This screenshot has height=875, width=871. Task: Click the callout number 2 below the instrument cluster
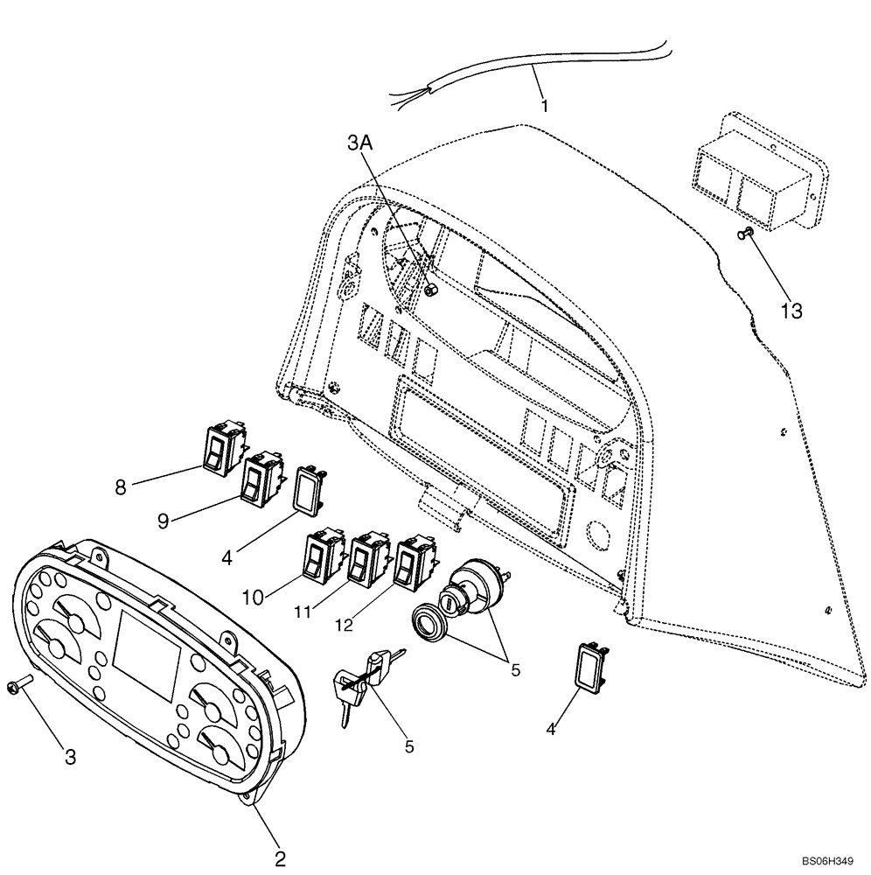coord(280,858)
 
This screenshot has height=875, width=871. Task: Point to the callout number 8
coord(121,486)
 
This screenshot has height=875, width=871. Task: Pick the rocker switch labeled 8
coord(223,448)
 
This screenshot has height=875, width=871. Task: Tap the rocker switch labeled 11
coord(366,558)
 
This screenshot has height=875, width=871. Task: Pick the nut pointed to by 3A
coord(430,290)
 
